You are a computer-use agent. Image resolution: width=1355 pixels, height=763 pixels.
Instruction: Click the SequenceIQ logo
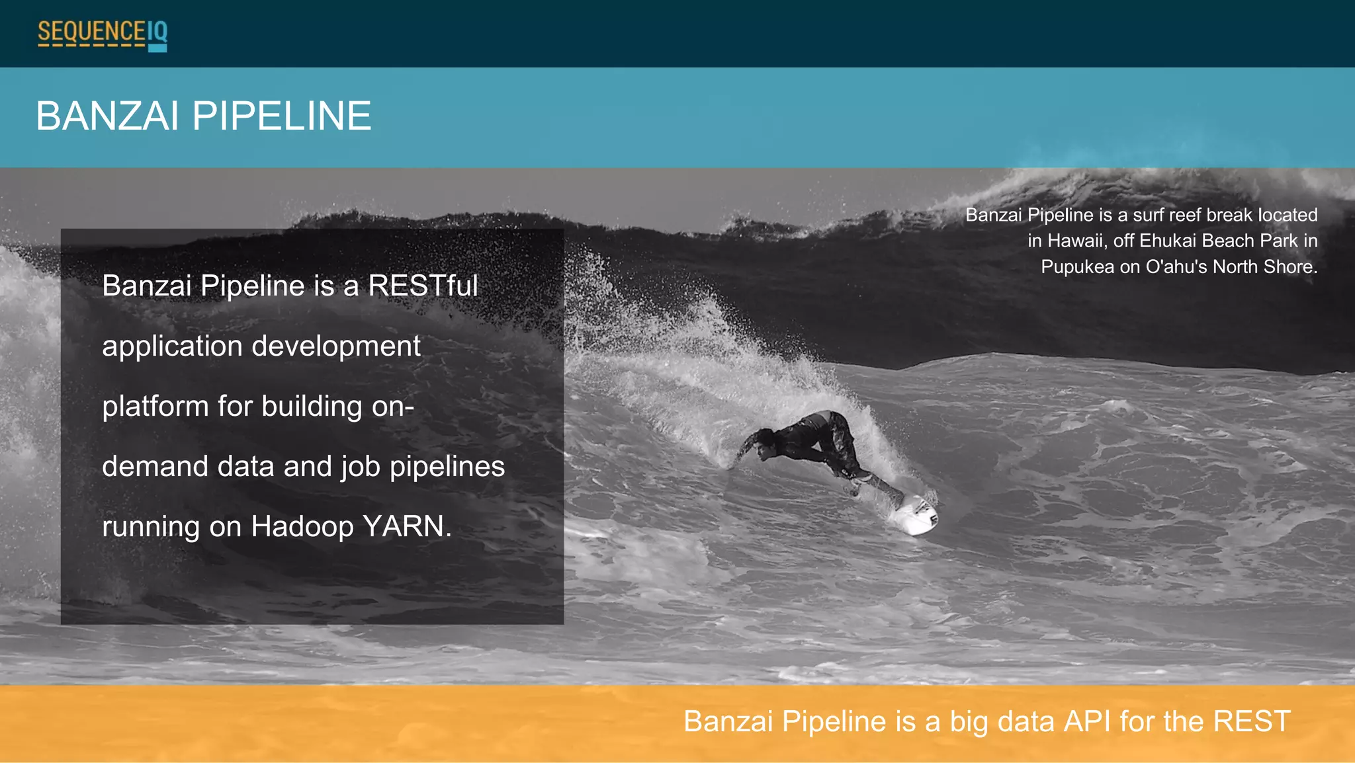102,34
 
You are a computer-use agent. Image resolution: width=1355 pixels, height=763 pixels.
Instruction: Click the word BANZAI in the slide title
107,116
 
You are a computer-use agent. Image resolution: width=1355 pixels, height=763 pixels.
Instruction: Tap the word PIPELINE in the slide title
282,116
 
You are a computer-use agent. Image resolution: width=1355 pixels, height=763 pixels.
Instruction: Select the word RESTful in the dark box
423,286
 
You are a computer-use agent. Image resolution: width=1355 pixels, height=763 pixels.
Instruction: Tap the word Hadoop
302,527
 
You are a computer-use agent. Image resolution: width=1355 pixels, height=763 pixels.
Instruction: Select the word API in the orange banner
1087,721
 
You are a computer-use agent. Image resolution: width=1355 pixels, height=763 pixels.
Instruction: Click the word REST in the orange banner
1252,721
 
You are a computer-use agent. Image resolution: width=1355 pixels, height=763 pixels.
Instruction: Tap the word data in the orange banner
1026,721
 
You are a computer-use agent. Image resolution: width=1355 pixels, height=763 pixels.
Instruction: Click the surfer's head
764,441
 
